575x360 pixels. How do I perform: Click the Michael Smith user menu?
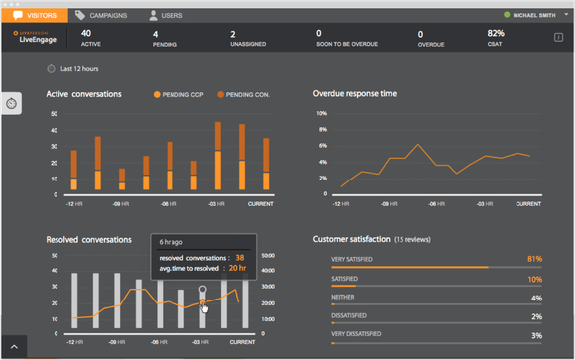(530, 16)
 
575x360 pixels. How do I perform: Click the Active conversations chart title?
(84, 94)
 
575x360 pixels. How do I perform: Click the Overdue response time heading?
(355, 94)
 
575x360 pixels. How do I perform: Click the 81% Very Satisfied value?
(535, 259)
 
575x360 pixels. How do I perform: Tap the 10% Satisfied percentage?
(535, 279)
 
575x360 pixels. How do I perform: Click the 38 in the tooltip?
(239, 257)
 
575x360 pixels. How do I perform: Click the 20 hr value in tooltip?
(238, 268)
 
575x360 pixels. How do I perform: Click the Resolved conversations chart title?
(90, 240)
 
